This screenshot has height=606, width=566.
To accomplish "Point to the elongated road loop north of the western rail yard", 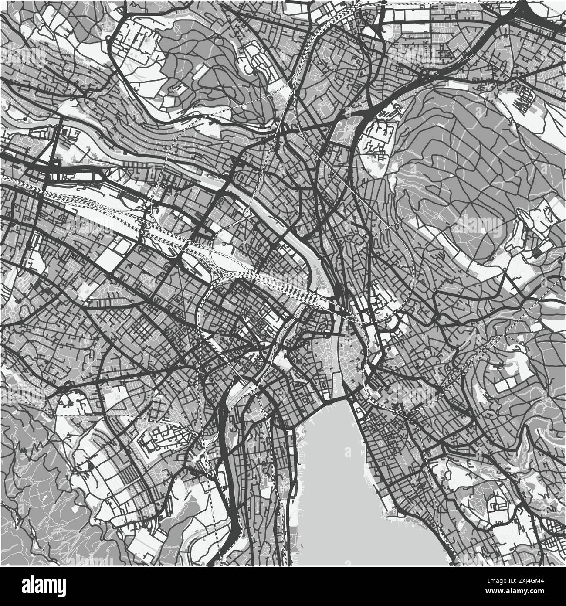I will pos(76,177).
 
